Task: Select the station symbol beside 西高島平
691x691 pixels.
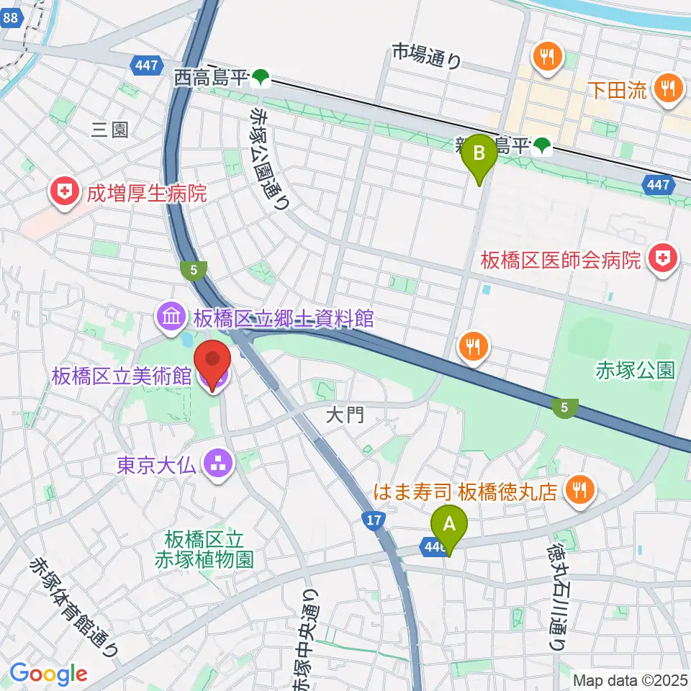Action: pyautogui.click(x=261, y=77)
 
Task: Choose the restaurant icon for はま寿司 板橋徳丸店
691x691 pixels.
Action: pyautogui.click(x=579, y=491)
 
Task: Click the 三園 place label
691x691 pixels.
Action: pyautogui.click(x=109, y=130)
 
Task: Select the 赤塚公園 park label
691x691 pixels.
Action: pyautogui.click(x=635, y=371)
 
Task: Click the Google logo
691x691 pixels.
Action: pyautogui.click(x=49, y=673)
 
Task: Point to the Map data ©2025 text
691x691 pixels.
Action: pyautogui.click(x=631, y=679)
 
